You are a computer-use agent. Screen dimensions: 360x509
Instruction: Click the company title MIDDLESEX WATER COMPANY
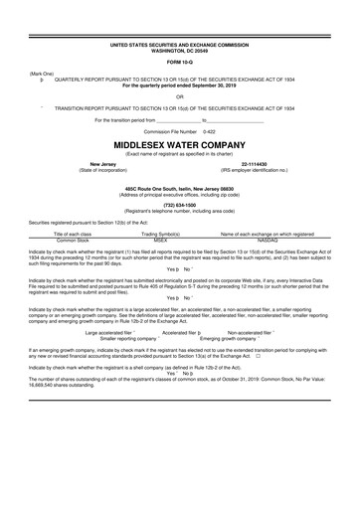point(180,144)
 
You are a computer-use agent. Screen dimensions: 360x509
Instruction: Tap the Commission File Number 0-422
point(180,131)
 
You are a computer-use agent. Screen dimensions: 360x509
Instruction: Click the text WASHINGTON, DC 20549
point(180,51)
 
